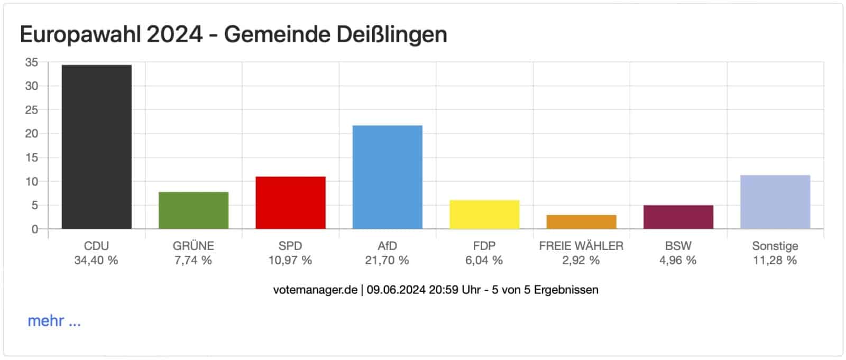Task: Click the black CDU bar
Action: click(x=96, y=147)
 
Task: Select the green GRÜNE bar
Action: click(x=194, y=210)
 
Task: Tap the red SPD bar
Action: click(x=290, y=202)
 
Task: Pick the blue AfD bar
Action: click(x=387, y=177)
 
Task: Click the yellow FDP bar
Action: click(x=484, y=215)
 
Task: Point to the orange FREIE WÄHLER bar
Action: click(x=581, y=222)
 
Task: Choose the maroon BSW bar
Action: click(x=678, y=217)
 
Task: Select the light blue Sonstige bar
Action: click(x=775, y=202)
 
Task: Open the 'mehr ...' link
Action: click(x=54, y=321)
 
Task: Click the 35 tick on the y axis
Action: click(x=32, y=62)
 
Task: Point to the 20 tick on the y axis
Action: click(x=32, y=134)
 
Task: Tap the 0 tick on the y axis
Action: click(x=35, y=229)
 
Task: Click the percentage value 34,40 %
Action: click(x=96, y=260)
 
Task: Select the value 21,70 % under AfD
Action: click(x=387, y=260)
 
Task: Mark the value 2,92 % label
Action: click(x=581, y=260)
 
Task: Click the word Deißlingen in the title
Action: click(x=391, y=35)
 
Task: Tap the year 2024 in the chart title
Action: click(x=174, y=35)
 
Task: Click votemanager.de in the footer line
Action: click(x=315, y=290)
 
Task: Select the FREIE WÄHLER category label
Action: click(x=581, y=246)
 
